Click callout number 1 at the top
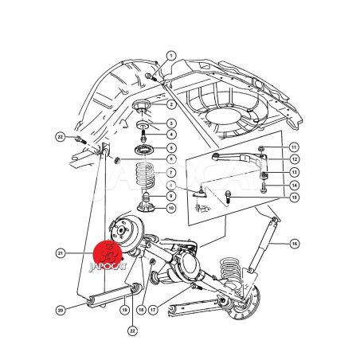[171, 56]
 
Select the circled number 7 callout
[171, 173]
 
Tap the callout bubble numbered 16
[295, 244]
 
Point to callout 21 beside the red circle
[61, 253]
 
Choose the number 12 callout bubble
[294, 159]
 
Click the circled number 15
[294, 198]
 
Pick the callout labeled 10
[171, 208]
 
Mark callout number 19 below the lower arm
[125, 310]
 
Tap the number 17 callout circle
[153, 310]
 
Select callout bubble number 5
[171, 148]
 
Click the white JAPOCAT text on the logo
[108, 266]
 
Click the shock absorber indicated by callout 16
[263, 244]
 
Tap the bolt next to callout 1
[151, 76]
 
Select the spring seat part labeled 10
[146, 207]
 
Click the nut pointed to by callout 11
[261, 148]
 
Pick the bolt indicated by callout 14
[263, 187]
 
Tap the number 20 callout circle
[61, 310]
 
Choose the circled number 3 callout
[171, 123]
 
